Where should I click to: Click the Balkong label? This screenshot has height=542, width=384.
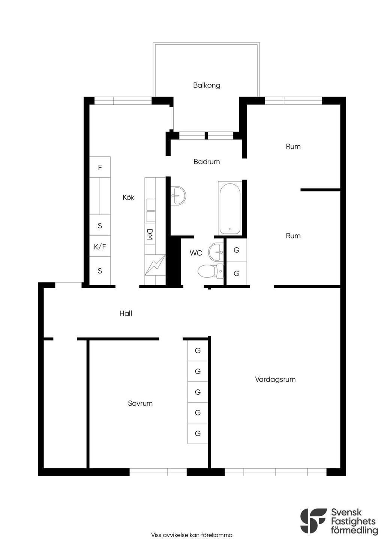point(207,85)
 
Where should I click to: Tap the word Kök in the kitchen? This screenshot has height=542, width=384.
point(129,197)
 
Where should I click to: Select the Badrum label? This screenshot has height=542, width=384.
point(207,162)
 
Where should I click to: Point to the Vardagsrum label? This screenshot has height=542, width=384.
point(275,379)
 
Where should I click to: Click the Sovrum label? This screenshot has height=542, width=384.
point(140,404)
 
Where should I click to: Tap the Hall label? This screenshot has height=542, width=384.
point(126,313)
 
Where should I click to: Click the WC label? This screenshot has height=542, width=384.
point(196,253)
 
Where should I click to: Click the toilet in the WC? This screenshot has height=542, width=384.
point(210,271)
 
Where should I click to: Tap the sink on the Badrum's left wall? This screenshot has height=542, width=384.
point(178,195)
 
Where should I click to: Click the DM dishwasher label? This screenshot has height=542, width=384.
point(150,234)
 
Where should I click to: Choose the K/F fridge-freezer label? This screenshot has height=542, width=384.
point(100,247)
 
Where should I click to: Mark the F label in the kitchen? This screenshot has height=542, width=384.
point(100,167)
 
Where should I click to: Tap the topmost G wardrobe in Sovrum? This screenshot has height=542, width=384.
point(198,350)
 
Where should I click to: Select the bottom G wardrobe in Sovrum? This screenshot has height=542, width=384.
point(198,433)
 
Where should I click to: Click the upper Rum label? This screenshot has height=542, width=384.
point(293,146)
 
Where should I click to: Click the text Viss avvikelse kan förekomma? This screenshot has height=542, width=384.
point(192,535)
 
